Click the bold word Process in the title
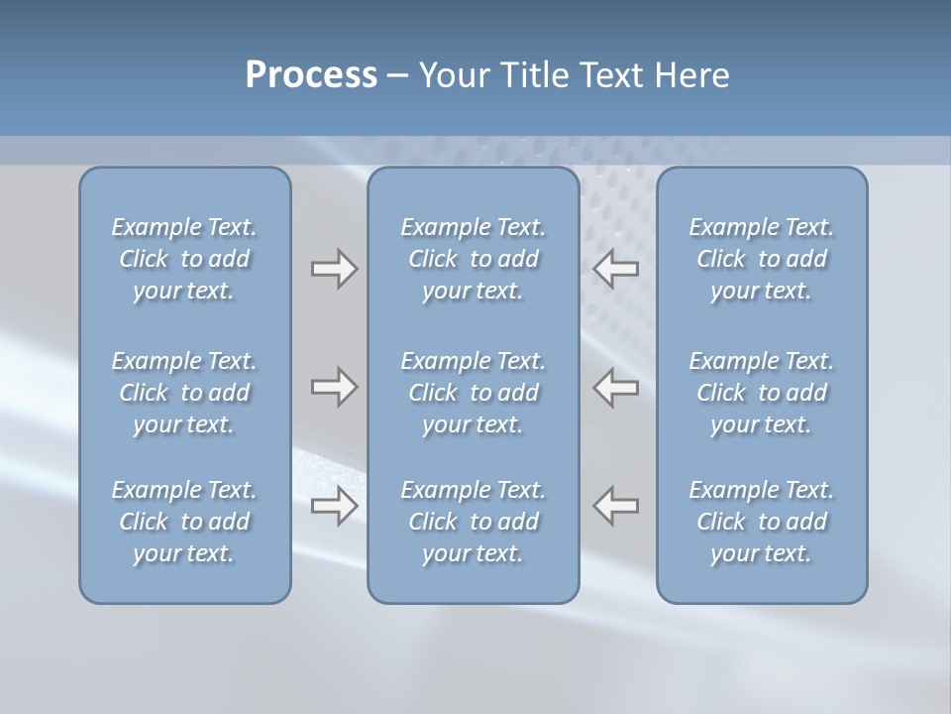point(311,75)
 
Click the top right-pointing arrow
point(334,269)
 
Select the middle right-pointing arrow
point(334,387)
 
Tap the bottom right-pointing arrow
point(334,506)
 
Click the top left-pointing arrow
point(616,269)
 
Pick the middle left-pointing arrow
point(616,387)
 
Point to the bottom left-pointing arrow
point(616,506)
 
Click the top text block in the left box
point(184,259)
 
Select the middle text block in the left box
point(184,393)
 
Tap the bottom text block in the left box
point(184,522)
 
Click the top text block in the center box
point(473,259)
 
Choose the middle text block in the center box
point(473,393)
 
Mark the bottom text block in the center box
point(473,522)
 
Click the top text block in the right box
point(761,259)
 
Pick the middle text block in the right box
point(761,393)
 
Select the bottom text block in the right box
point(761,522)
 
